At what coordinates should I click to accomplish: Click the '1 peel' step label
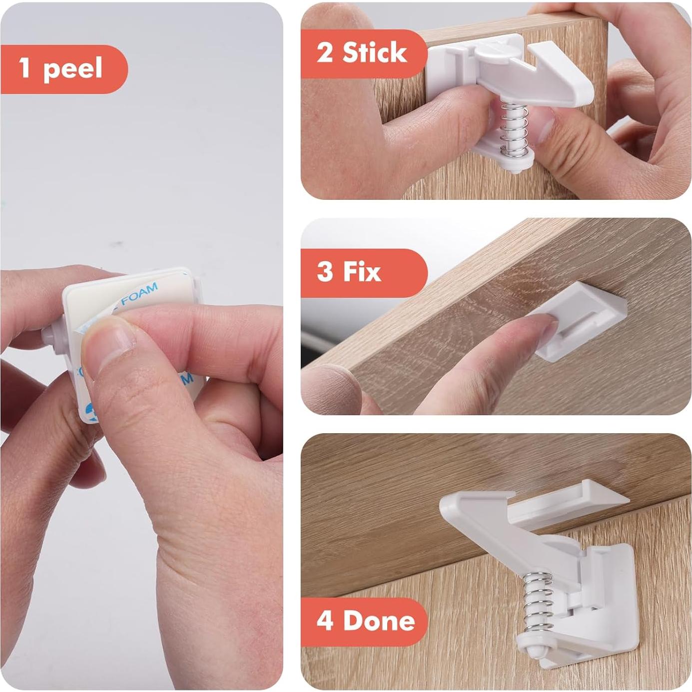[x=62, y=69]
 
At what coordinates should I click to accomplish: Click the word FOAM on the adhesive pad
[x=139, y=294]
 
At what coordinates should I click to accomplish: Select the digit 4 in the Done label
[x=325, y=621]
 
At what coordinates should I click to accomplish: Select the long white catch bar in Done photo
[x=565, y=505]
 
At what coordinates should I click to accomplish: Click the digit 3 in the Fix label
[x=325, y=272]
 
